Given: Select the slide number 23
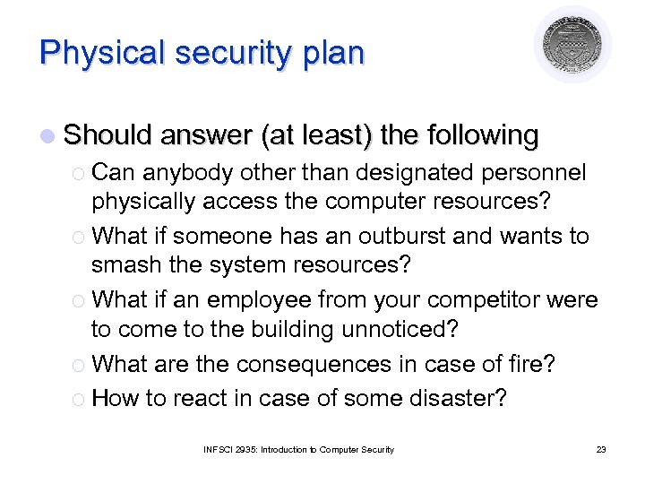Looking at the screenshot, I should pos(600,449).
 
